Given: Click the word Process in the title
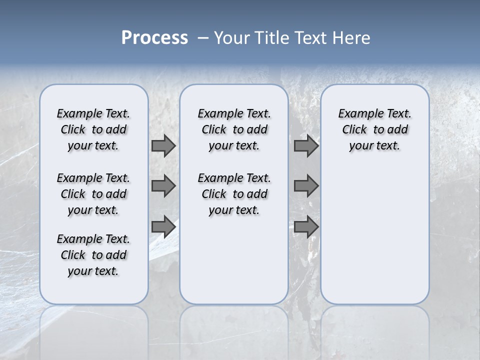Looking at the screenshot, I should (x=154, y=38).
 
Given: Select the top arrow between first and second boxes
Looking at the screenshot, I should (x=163, y=145).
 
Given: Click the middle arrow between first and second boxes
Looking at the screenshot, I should (x=163, y=186).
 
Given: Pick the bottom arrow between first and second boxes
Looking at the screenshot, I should (x=163, y=226).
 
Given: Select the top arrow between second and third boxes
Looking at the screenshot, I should (x=306, y=145).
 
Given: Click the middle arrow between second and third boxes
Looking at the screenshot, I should (x=306, y=186).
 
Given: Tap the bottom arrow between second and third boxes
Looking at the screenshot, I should (x=306, y=226).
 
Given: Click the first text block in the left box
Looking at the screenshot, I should (x=93, y=129).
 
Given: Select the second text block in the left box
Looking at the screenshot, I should (x=93, y=194).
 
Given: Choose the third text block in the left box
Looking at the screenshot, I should (x=93, y=255).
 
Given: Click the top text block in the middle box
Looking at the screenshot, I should (x=234, y=129).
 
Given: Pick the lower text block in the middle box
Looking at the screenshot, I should (x=234, y=194).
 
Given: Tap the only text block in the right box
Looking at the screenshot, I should (x=374, y=129).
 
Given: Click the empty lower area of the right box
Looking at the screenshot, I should (x=374, y=235).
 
